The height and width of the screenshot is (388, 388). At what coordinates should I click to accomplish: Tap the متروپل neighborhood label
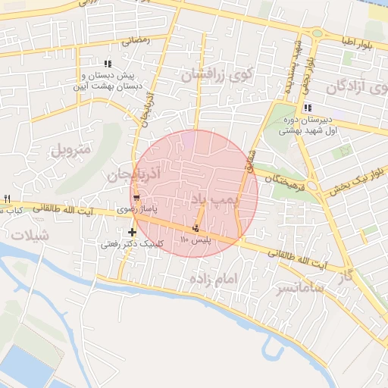click(x=70, y=149)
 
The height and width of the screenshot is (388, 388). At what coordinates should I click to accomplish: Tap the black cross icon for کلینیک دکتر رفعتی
click(x=133, y=232)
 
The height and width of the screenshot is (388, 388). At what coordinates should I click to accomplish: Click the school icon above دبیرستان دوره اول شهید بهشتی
click(x=307, y=108)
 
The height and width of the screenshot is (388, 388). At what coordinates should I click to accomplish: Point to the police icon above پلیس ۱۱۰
click(x=196, y=228)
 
